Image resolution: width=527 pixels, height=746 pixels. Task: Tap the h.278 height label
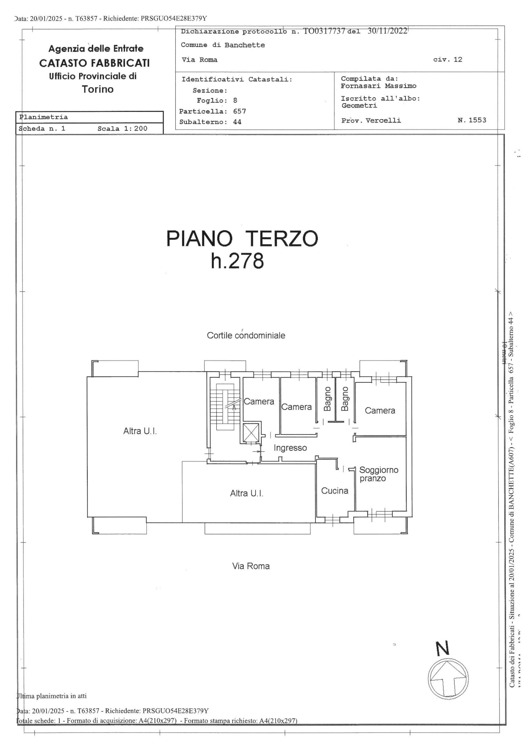coord(237,261)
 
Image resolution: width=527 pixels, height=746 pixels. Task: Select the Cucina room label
coord(334,491)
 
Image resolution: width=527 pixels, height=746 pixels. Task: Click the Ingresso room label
coord(290,448)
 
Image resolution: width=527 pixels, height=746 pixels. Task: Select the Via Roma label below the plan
coord(251,566)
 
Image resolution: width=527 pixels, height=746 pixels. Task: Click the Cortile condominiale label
coord(246,335)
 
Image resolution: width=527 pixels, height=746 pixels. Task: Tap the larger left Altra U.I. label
coord(140,431)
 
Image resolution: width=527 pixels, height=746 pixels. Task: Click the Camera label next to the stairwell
coord(259,401)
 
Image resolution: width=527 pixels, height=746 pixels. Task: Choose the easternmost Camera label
coord(380,410)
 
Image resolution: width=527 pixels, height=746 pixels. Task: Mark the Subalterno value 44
coord(237,122)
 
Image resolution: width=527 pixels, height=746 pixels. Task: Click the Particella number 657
coord(239,111)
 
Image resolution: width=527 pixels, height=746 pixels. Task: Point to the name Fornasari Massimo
coord(378,86)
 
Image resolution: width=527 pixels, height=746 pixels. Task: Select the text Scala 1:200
coord(122,128)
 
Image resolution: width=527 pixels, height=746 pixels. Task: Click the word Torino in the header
coord(97,89)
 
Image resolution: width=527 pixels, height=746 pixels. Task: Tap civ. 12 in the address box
coord(448,59)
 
